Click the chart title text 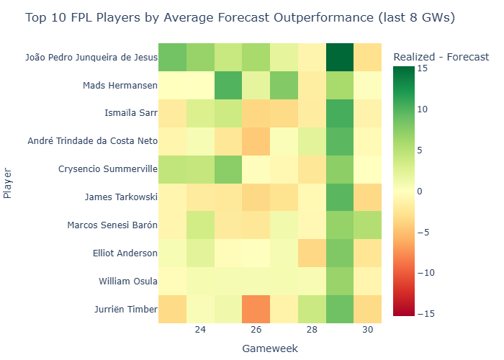[x=240, y=18]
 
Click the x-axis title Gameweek [x=270, y=348]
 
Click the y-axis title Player [x=8, y=184]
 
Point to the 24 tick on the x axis [x=200, y=329]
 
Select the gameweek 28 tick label [x=312, y=329]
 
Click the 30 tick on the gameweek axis [x=367, y=329]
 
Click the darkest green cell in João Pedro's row [x=340, y=58]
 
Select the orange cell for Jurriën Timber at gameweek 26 [x=256, y=309]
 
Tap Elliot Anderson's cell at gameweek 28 [x=312, y=253]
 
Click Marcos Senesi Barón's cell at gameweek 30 [x=367, y=225]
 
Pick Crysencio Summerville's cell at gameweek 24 [x=200, y=169]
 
